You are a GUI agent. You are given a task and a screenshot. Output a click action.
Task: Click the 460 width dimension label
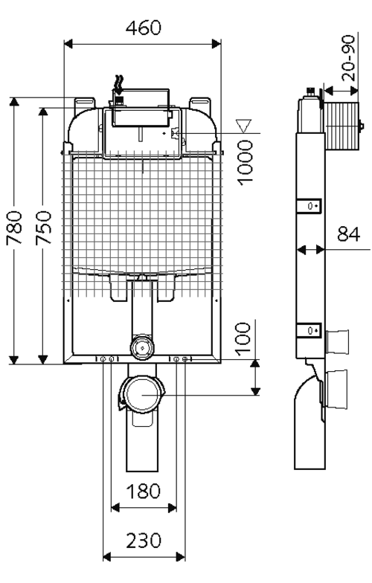pyautogui.click(x=144, y=28)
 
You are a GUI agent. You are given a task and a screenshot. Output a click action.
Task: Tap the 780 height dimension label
pyautogui.click(x=15, y=228)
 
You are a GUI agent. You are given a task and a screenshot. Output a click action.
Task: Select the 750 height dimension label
pyautogui.click(x=43, y=228)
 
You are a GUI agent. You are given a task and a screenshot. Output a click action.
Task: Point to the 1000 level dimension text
pyautogui.click(x=246, y=162)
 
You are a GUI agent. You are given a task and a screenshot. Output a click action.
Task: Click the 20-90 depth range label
pyautogui.click(x=348, y=58)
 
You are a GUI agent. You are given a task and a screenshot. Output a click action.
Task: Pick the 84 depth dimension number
pyautogui.click(x=348, y=234)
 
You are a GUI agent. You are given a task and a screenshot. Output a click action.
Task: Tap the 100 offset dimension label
pyautogui.click(x=244, y=339)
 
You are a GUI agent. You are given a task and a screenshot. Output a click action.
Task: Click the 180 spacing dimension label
pyautogui.click(x=144, y=491)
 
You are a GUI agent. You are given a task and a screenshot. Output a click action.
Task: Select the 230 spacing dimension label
pyautogui.click(x=144, y=541)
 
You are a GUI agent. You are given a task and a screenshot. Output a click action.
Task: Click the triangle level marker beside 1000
pyautogui.click(x=244, y=126)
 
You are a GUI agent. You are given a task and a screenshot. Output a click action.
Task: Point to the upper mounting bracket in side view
pyautogui.click(x=309, y=205)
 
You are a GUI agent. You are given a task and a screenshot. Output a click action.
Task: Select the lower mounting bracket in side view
pyautogui.click(x=309, y=330)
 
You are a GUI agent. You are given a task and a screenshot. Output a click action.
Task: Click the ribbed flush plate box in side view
pyautogui.click(x=342, y=126)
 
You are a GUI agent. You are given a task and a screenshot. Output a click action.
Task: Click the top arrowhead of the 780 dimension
pyautogui.click(x=14, y=102)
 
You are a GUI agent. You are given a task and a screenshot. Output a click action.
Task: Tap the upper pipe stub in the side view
pyautogui.click(x=337, y=342)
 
